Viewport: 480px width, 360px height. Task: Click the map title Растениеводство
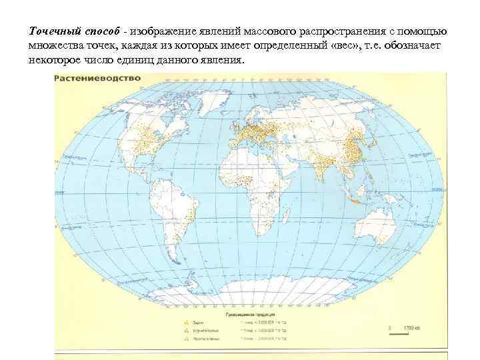tap(97, 78)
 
